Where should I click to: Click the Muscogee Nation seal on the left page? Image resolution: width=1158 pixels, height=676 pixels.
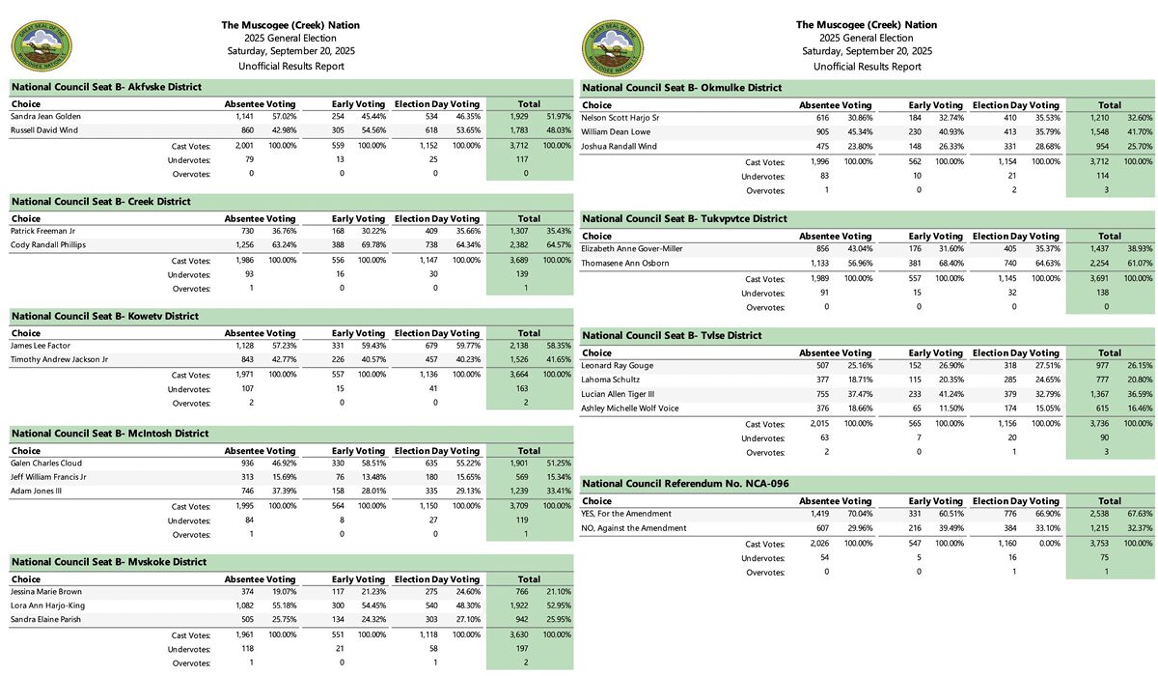(38, 45)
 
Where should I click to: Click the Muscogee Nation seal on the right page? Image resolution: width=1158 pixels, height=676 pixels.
(612, 45)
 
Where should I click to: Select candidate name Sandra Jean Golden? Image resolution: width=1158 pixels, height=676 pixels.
(46, 116)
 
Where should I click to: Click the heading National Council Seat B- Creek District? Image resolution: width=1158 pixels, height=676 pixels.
(101, 202)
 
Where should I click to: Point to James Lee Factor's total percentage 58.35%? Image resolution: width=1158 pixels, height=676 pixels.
(557, 345)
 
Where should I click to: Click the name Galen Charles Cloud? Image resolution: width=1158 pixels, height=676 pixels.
(46, 463)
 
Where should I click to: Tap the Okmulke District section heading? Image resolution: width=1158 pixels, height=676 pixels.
(681, 88)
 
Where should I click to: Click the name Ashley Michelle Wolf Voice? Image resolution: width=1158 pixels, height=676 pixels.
(630, 408)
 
